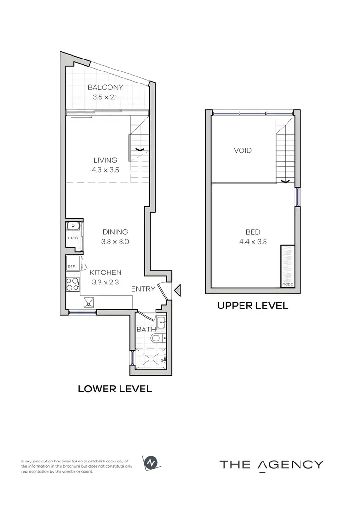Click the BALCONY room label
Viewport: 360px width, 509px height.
coord(105,87)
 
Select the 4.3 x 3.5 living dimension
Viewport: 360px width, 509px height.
coord(105,169)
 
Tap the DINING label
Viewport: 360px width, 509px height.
coord(114,232)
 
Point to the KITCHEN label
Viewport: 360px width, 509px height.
coord(106,272)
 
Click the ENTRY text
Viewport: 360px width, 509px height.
coord(143,289)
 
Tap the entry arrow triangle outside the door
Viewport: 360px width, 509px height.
coord(178,289)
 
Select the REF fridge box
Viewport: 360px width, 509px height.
coord(72,266)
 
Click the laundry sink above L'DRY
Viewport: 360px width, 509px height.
coord(73,226)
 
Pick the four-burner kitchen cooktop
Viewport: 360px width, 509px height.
coord(73,284)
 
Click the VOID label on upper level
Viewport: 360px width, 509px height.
coord(242,151)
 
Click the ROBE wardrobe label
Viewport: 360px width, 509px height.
coord(288,284)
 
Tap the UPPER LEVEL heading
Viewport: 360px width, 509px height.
coord(253,306)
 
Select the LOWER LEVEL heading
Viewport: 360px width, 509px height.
coord(115,389)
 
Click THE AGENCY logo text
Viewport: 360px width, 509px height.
coord(271,464)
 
